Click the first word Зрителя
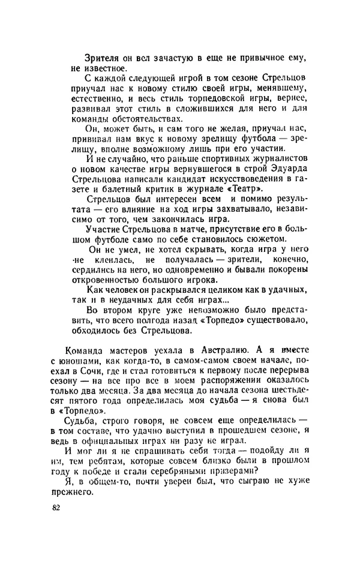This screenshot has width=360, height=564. click(104, 58)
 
